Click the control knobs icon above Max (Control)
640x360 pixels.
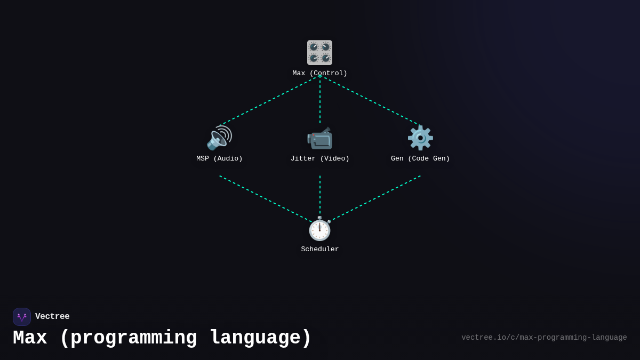tap(319, 52)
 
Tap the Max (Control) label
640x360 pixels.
tap(320, 74)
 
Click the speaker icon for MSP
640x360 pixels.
tap(219, 138)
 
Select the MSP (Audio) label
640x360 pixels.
tap(219, 159)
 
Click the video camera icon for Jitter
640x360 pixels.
tap(319, 138)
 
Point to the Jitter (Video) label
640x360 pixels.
tap(320, 159)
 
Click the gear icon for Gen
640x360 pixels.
tap(420, 138)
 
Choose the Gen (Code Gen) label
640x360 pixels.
tap(420, 159)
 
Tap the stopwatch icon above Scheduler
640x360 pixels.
tap(319, 229)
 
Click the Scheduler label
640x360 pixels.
tap(320, 250)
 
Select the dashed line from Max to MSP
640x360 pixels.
tap(269, 101)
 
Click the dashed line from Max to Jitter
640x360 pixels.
tap(320, 100)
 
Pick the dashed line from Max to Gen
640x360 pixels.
tap(370, 101)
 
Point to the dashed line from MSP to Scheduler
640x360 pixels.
tap(265, 198)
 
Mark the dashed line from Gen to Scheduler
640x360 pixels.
tap(375, 198)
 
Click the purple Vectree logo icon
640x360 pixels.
tap(22, 317)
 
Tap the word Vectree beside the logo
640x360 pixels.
tap(52, 317)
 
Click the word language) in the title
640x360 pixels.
tap(260, 338)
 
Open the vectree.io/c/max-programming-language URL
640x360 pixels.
tap(544, 338)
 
